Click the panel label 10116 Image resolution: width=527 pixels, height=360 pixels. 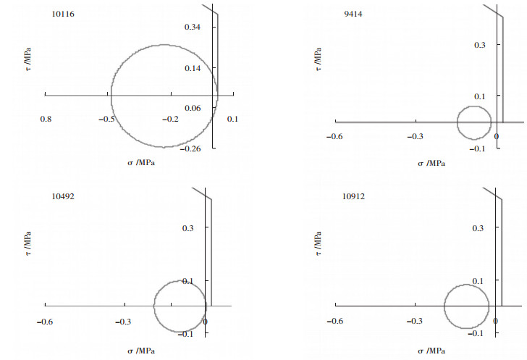click(x=63, y=14)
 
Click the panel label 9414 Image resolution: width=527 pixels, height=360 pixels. click(x=353, y=14)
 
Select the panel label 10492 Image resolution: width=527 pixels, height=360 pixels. click(x=63, y=196)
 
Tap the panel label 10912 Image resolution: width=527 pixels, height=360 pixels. click(x=353, y=196)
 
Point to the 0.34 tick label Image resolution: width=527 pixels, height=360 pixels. click(x=193, y=27)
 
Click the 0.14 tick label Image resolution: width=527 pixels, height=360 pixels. click(x=193, y=68)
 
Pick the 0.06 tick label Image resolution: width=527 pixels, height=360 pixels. click(x=193, y=108)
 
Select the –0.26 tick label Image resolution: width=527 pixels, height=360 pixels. click(x=190, y=148)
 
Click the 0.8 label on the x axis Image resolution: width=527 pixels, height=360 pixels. click(x=46, y=119)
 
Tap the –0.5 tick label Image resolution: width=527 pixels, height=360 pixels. click(x=106, y=119)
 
